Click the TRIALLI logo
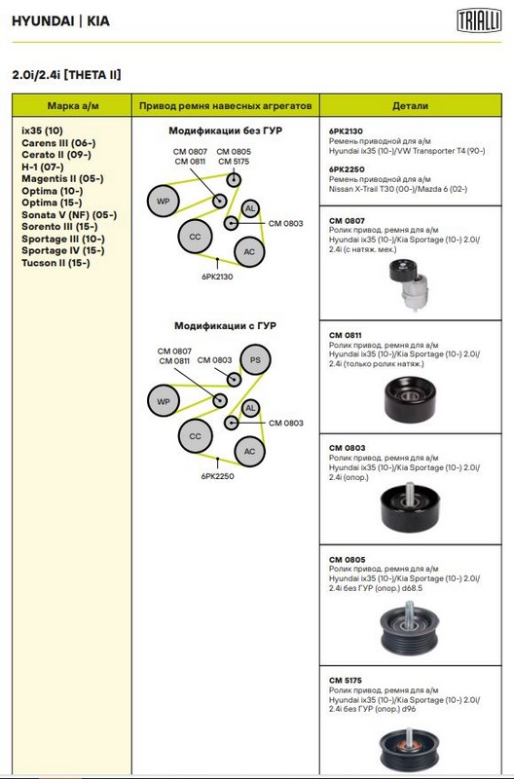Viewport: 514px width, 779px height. pyautogui.click(x=479, y=21)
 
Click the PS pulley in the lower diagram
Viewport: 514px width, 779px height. pyautogui.click(x=255, y=359)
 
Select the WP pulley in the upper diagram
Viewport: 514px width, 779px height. pyautogui.click(x=163, y=202)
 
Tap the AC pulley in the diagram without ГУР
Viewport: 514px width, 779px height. pyautogui.click(x=249, y=252)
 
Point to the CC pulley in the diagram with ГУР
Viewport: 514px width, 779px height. pyautogui.click(x=195, y=436)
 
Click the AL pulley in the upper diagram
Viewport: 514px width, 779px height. pyautogui.click(x=250, y=208)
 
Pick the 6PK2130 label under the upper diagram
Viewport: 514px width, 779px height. pyautogui.click(x=217, y=277)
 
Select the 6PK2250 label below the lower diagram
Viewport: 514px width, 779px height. pyautogui.click(x=217, y=476)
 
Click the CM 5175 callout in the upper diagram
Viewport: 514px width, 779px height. pyautogui.click(x=234, y=162)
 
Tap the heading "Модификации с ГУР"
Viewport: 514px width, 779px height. pyautogui.click(x=225, y=326)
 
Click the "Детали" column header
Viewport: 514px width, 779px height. pyautogui.click(x=410, y=106)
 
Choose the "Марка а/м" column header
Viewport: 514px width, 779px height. pyautogui.click(x=73, y=106)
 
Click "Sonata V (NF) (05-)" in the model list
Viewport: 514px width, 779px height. pyautogui.click(x=69, y=214)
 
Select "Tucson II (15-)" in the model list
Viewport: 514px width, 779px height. pyautogui.click(x=55, y=263)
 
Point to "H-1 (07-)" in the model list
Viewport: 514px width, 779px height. pyautogui.click(x=43, y=167)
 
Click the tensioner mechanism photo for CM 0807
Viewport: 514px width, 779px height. pyautogui.click(x=408, y=283)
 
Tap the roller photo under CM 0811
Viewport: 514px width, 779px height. pyautogui.click(x=410, y=400)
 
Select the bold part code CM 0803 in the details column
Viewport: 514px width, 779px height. pyautogui.click(x=347, y=448)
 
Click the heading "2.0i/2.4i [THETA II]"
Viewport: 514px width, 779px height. pyautogui.click(x=66, y=75)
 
